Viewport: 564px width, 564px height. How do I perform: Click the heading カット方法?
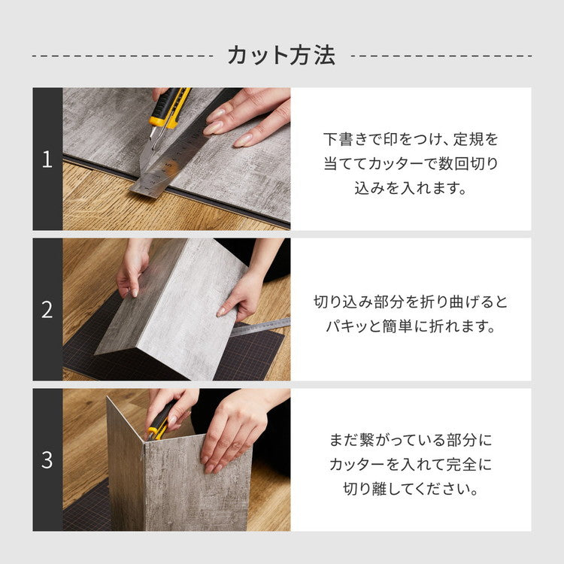click(x=281, y=55)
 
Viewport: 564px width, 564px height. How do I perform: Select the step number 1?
click(x=47, y=159)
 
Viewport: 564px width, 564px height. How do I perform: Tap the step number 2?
click(x=47, y=310)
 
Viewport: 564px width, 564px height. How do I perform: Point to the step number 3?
click(x=47, y=460)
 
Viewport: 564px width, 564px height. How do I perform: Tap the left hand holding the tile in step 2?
click(x=132, y=271)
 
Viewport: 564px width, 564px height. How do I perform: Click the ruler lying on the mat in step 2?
click(x=259, y=326)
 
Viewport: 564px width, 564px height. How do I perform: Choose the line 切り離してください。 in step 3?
click(x=411, y=489)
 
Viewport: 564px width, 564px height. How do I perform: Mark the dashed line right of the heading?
click(x=441, y=56)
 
